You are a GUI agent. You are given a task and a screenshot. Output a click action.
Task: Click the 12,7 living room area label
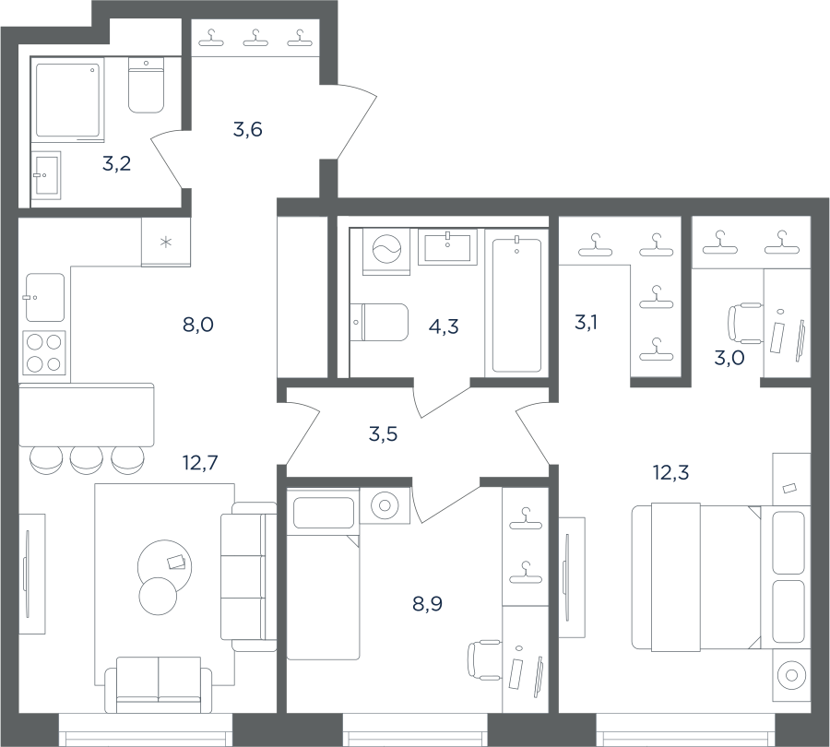[200, 463]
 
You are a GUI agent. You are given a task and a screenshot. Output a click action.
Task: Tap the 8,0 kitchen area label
[198, 325]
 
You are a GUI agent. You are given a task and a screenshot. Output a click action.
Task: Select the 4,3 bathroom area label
[444, 326]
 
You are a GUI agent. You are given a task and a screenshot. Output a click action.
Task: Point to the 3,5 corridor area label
[383, 434]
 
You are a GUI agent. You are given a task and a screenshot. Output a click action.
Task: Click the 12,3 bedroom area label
[671, 472]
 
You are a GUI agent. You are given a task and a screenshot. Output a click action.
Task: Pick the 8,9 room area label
[427, 603]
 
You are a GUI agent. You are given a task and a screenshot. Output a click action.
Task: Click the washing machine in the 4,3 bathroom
[386, 252]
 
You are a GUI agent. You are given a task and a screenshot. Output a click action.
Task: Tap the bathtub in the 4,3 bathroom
[516, 305]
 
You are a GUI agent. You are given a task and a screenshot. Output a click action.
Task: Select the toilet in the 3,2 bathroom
[146, 85]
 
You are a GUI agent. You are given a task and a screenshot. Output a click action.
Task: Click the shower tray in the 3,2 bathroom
[67, 100]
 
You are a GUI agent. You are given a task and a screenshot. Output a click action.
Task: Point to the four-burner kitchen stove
[44, 352]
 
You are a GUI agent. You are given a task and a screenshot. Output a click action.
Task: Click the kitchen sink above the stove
[45, 298]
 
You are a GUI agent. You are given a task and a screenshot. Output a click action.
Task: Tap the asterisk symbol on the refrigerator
[166, 243]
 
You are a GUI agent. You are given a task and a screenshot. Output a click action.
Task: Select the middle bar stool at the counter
[87, 460]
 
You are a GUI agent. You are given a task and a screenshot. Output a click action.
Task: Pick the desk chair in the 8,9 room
[484, 659]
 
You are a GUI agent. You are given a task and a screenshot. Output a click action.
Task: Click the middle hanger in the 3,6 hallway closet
[255, 37]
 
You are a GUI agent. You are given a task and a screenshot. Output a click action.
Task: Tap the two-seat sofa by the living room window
[159, 685]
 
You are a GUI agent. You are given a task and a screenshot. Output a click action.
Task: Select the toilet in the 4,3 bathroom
[379, 322]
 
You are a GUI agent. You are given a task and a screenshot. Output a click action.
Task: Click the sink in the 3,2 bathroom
[45, 175]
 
